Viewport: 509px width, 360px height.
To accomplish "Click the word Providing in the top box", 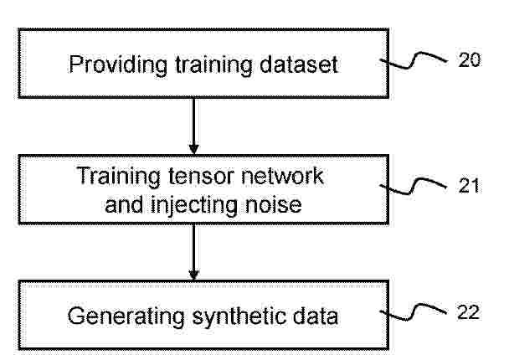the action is (x=118, y=65).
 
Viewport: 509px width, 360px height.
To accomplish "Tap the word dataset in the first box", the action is (x=299, y=64).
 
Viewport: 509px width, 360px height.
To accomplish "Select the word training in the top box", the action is (x=213, y=65).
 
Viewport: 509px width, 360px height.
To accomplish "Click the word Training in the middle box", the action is (x=119, y=177).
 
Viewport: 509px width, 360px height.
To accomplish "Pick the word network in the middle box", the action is (x=282, y=176).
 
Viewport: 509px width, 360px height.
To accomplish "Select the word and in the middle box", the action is (x=124, y=204).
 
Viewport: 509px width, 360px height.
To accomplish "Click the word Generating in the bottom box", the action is (x=126, y=316).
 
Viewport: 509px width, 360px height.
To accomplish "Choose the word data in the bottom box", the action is (x=316, y=316).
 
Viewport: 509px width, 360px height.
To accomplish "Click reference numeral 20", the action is (x=469, y=59).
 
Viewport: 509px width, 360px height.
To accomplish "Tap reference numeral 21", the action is (x=469, y=186).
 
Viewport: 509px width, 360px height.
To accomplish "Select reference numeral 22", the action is (x=468, y=312).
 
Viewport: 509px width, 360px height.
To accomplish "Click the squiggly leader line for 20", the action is (x=414, y=60).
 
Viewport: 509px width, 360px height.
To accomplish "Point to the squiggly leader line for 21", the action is (x=414, y=187).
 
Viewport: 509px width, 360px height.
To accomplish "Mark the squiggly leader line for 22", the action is (x=414, y=312).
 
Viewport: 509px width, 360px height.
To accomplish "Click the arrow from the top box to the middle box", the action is (x=193, y=126).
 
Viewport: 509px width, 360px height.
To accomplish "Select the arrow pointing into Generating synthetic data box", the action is (x=193, y=252).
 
